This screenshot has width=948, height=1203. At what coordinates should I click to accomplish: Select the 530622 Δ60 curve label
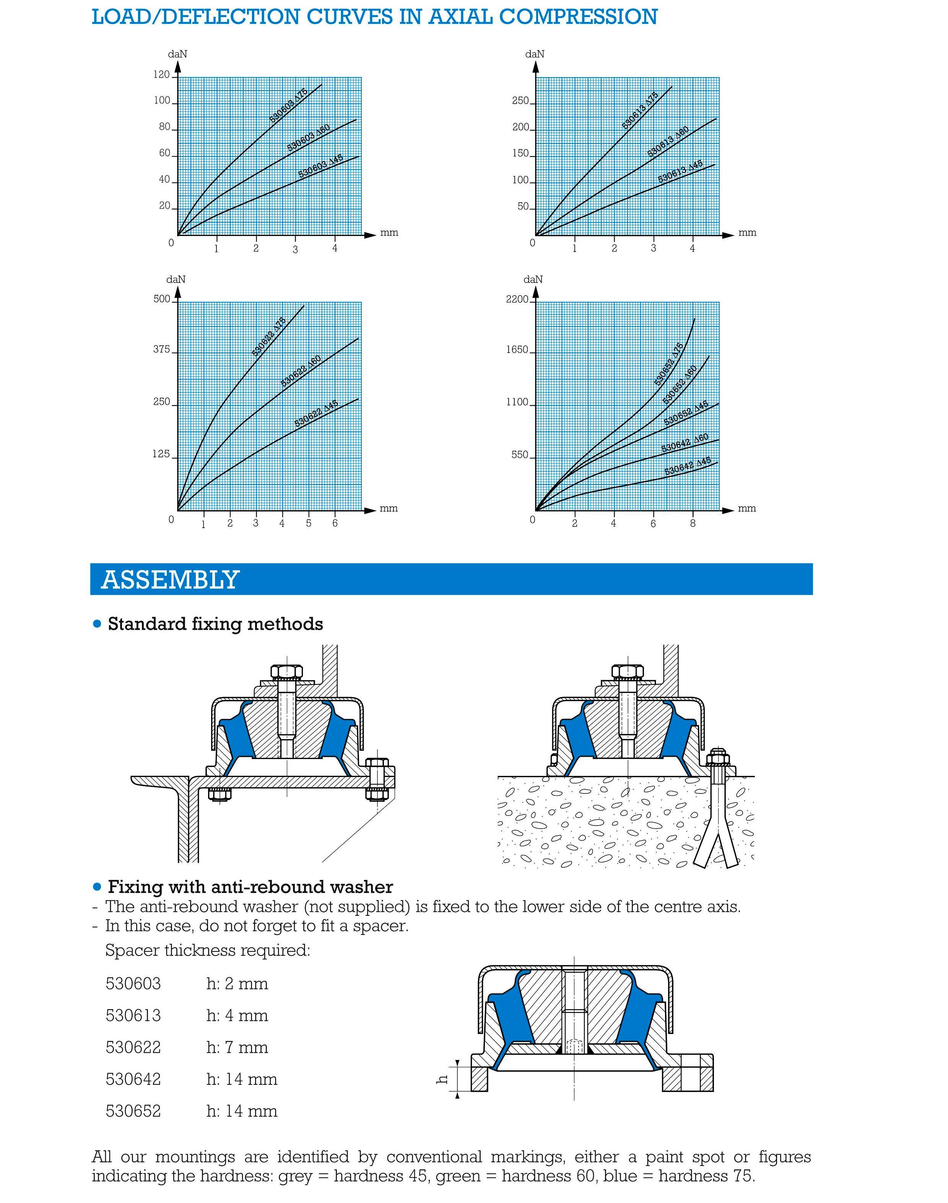click(301, 371)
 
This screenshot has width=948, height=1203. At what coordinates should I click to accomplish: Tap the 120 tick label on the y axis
click(161, 74)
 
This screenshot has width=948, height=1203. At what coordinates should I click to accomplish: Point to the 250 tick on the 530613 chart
click(520, 101)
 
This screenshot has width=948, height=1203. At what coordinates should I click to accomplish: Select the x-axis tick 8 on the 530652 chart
click(692, 523)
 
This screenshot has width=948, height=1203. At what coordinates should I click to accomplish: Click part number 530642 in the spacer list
click(133, 1079)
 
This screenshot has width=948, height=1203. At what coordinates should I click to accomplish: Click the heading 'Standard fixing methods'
click(215, 624)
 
